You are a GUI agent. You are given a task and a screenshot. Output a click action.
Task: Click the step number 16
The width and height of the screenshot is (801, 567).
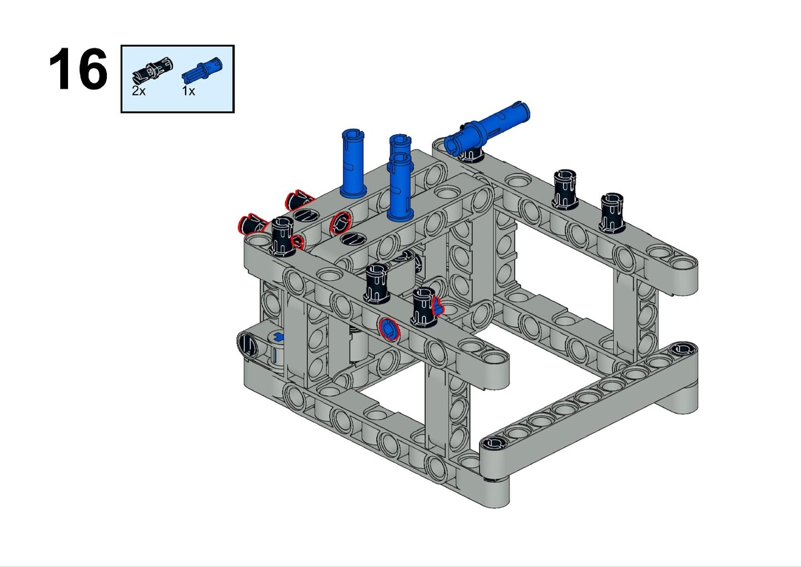[x=78, y=69]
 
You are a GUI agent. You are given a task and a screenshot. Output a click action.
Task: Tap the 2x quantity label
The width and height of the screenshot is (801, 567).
[x=138, y=91]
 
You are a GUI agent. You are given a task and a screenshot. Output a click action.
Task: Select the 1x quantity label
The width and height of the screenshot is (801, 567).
[x=188, y=91]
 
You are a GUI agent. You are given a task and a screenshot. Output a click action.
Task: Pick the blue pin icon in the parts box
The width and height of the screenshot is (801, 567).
[x=202, y=69]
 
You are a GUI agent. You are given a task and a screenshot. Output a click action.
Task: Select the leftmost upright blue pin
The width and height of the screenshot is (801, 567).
[x=353, y=163]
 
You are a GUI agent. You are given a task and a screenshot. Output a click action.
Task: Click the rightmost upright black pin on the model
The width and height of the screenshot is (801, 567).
[x=612, y=213]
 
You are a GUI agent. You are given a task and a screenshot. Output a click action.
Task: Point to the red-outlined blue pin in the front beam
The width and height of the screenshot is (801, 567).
[x=389, y=328]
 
